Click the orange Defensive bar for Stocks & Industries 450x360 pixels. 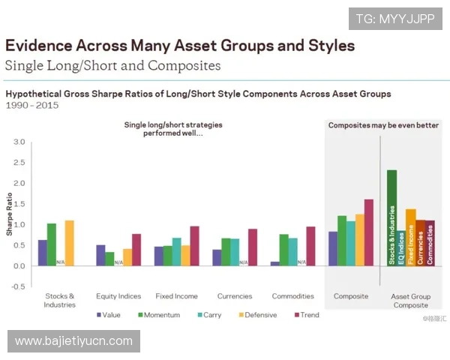click(x=70, y=243)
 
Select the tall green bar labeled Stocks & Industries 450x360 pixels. click(x=391, y=217)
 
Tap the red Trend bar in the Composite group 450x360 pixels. click(x=368, y=232)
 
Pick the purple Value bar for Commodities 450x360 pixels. click(x=275, y=263)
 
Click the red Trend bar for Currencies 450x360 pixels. click(x=253, y=247)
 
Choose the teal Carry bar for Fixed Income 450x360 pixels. click(x=176, y=252)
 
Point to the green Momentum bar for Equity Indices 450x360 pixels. click(x=109, y=259)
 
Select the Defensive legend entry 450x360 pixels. click(x=256, y=315)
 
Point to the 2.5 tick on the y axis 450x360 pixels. click(x=19, y=163)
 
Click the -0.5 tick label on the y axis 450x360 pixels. click(x=19, y=286)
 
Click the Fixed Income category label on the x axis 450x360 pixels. click(x=176, y=296)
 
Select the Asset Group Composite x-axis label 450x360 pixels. click(x=410, y=301)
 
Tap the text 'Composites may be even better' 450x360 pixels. click(x=383, y=125)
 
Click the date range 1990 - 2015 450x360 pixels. click(x=32, y=106)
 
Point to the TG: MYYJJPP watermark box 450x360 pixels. click(x=395, y=18)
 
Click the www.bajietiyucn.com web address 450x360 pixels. click(x=74, y=341)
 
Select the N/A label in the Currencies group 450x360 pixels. click(x=243, y=262)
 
